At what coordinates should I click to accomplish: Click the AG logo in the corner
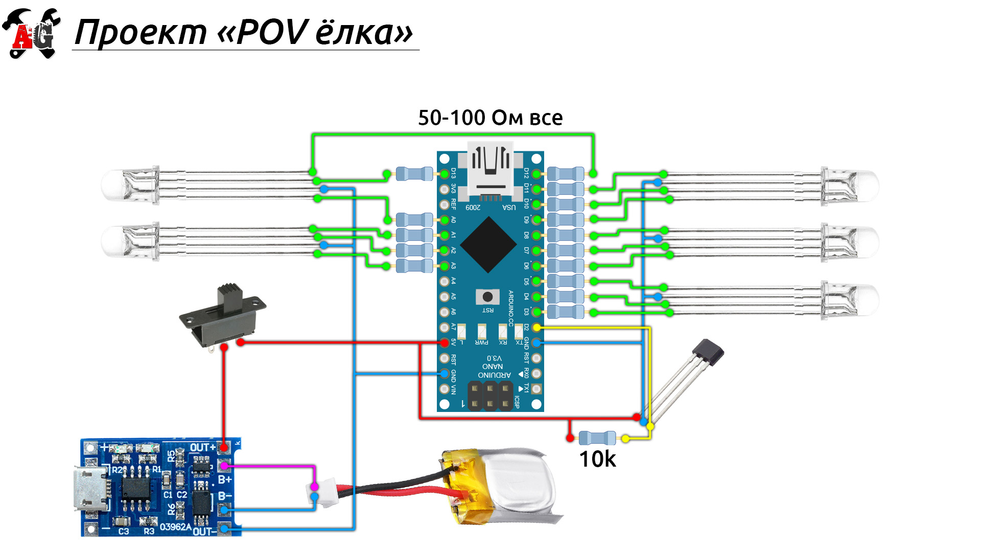32,34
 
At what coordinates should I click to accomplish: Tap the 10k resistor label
597,459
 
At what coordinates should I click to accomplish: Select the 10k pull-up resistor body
597,438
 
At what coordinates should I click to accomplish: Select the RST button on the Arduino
487,296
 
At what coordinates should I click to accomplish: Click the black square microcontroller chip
488,244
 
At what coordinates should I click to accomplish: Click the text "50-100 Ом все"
490,118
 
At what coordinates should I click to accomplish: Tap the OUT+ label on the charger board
203,448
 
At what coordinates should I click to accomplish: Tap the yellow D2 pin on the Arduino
536,327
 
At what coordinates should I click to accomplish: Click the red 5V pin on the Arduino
445,342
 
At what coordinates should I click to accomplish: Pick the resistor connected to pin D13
414,174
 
